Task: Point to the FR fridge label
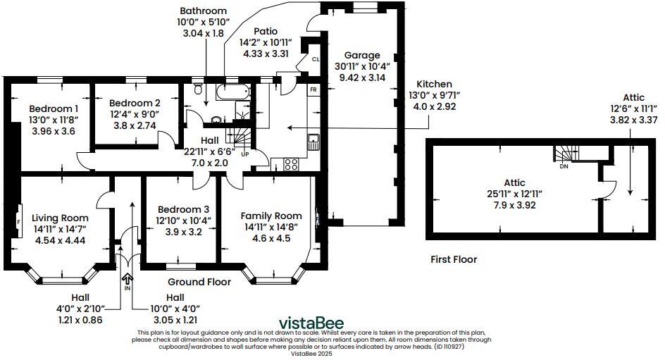click(313, 90)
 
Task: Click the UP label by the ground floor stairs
click(244, 153)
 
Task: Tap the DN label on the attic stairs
click(563, 167)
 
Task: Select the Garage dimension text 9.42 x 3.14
click(362, 77)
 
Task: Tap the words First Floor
click(454, 259)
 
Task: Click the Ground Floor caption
click(199, 282)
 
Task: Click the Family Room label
click(271, 216)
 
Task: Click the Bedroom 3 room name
click(183, 209)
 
